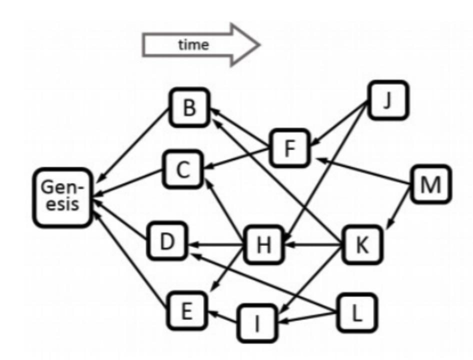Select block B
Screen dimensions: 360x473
click(188, 107)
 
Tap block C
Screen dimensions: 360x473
click(182, 170)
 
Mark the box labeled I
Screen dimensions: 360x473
click(257, 321)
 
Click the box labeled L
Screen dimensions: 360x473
click(354, 312)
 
